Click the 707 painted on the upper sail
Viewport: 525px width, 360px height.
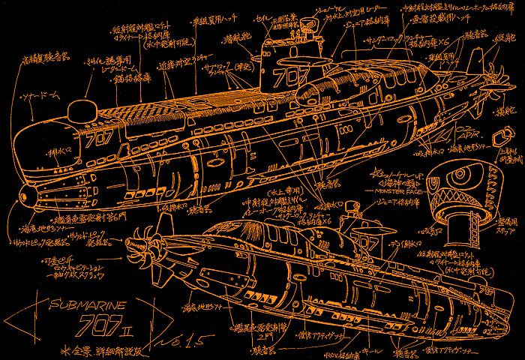coord(286,77)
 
